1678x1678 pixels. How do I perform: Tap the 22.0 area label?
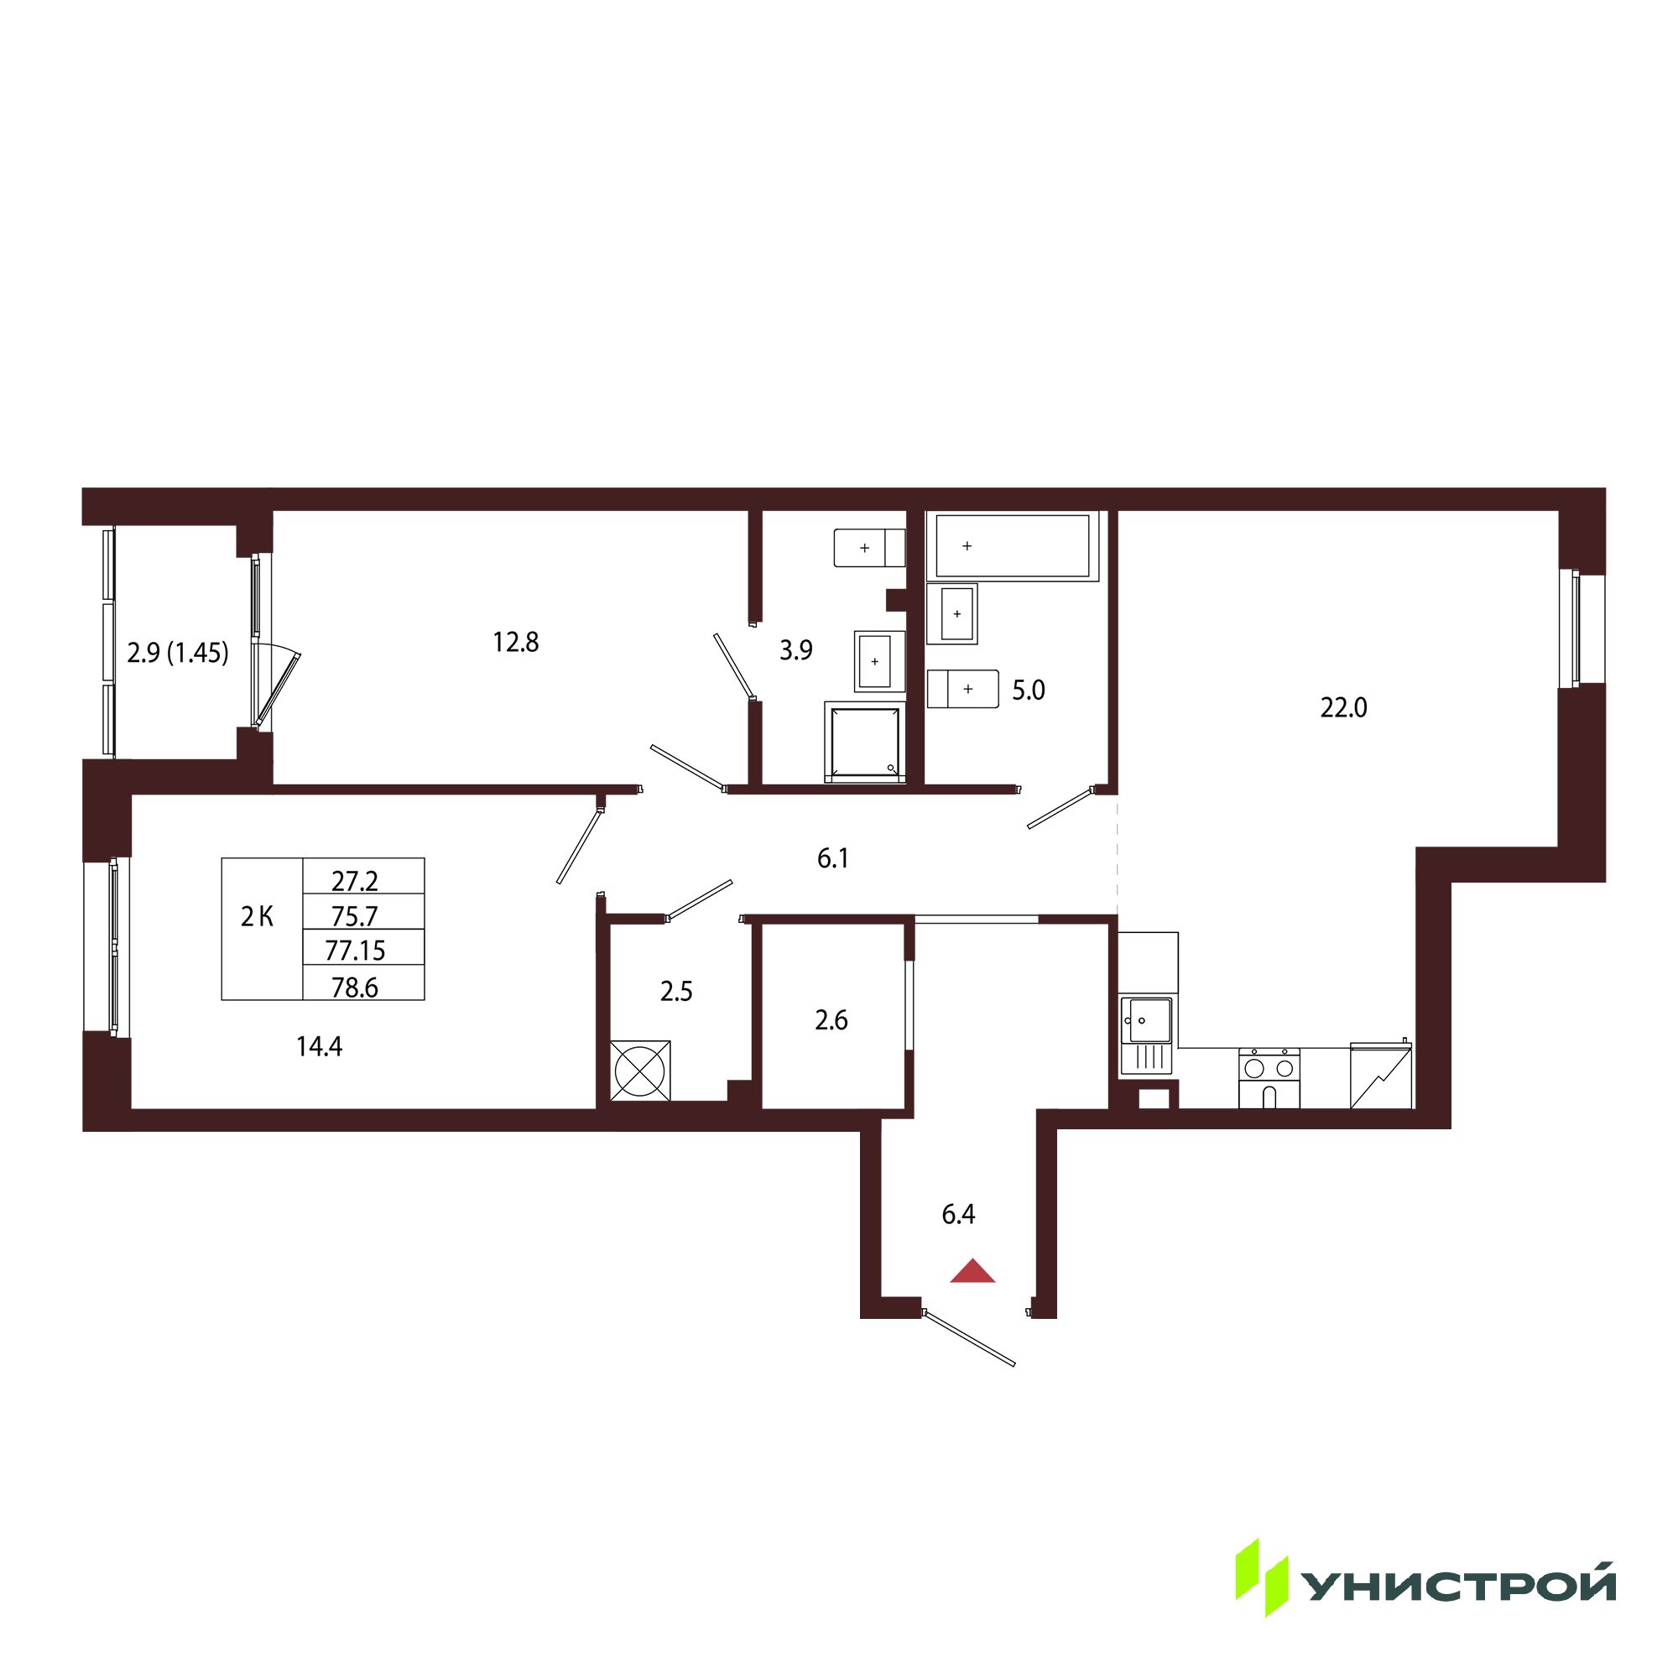(x=1343, y=709)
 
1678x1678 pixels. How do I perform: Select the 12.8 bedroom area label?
(x=516, y=642)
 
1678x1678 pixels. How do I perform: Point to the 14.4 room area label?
(x=319, y=1047)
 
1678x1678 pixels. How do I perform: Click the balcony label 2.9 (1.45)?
(x=178, y=652)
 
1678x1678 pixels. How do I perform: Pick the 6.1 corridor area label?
(x=833, y=859)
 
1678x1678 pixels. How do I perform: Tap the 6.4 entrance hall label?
(x=958, y=1215)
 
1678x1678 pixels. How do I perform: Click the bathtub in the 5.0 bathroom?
(x=1012, y=545)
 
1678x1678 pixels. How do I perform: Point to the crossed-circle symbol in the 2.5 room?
(x=640, y=1070)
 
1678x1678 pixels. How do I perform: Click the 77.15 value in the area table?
(x=355, y=951)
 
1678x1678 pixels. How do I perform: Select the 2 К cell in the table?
(x=258, y=916)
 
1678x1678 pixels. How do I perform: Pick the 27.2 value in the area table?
(x=355, y=882)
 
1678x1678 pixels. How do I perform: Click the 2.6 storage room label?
(x=831, y=1020)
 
